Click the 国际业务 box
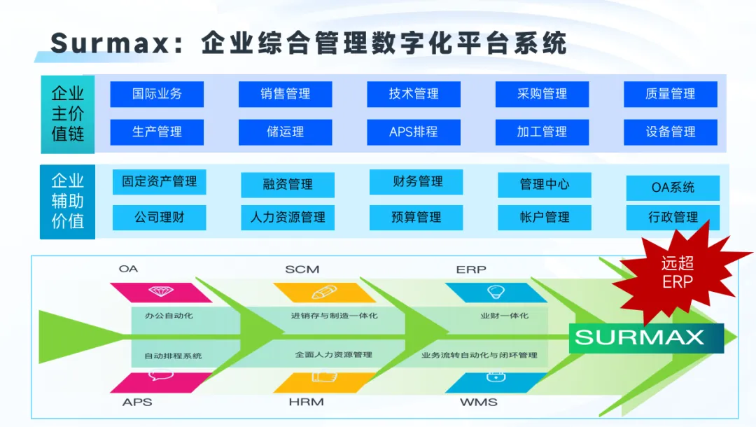coord(157,94)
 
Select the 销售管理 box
coord(285,94)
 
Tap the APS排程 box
coord(414,132)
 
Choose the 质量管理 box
coord(671,94)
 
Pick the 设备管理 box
coord(671,132)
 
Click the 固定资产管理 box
coord(160,182)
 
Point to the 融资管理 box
coord(288,185)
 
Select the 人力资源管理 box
coord(288,217)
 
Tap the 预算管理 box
coord(416,217)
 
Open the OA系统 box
coord(673,188)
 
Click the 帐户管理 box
coord(545,217)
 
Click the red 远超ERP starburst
coord(678,272)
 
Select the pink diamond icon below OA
coord(161,291)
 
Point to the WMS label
coord(479,402)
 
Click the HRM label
coord(305,402)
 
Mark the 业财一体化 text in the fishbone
coord(504,316)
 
